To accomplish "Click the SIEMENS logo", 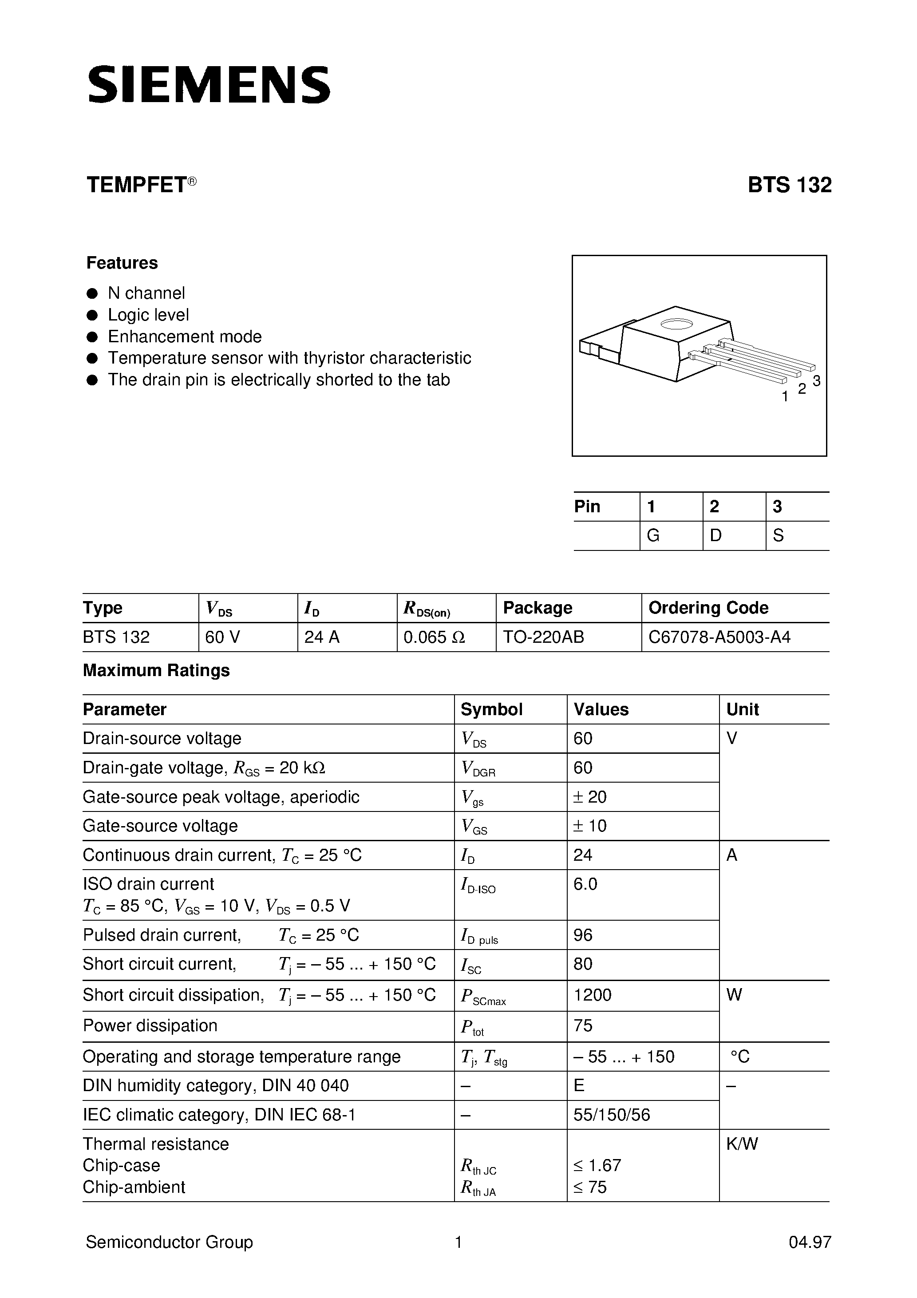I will point(209,85).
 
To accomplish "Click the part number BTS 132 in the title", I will point(789,186).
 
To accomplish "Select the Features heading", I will point(122,263).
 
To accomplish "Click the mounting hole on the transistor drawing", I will point(676,324).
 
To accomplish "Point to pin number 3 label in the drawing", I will point(816,381).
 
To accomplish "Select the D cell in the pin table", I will point(716,535).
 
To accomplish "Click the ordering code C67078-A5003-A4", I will point(719,637).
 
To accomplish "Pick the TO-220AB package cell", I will point(543,637).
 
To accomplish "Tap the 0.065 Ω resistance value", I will point(434,637).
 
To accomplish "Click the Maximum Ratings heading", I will point(157,670).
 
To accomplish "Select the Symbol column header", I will point(491,709).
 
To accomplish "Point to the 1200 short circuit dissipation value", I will point(592,994).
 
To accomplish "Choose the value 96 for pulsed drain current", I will point(583,934).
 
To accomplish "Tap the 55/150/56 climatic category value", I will point(612,1114).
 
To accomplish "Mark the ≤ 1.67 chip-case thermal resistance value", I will point(597,1165).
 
